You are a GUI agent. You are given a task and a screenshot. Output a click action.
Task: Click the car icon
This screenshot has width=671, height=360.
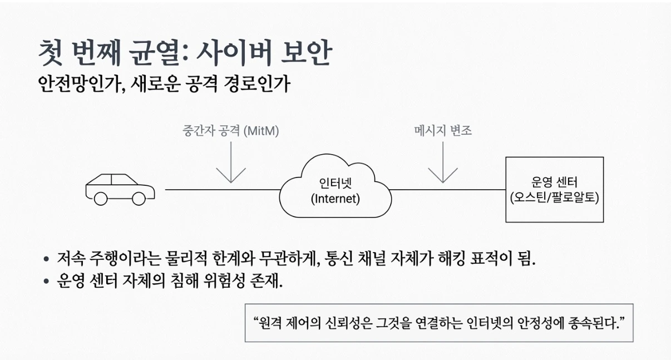(120, 188)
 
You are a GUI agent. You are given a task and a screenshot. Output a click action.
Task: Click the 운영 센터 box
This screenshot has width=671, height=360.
(554, 189)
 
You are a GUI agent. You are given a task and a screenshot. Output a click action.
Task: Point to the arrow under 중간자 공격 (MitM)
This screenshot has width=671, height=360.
(230, 164)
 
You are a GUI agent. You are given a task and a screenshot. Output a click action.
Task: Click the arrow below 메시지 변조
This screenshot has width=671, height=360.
(443, 164)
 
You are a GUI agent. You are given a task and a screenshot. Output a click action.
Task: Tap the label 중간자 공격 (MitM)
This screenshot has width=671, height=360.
(230, 131)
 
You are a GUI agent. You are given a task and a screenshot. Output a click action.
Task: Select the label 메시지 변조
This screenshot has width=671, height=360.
(443, 131)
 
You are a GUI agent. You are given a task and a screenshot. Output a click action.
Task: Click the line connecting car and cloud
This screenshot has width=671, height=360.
(223, 190)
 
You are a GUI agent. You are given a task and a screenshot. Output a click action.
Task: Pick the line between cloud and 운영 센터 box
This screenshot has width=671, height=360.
(448, 190)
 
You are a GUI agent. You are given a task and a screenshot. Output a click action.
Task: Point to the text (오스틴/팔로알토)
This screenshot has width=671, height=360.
(554, 198)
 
